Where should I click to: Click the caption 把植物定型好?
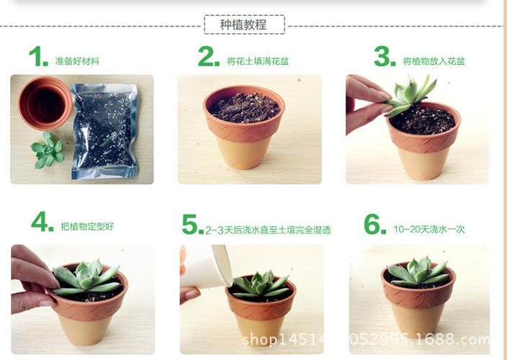87,227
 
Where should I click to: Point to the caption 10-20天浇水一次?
429,230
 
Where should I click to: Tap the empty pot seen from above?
45,104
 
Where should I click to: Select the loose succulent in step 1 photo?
48,149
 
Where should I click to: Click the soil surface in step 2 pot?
244,108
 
